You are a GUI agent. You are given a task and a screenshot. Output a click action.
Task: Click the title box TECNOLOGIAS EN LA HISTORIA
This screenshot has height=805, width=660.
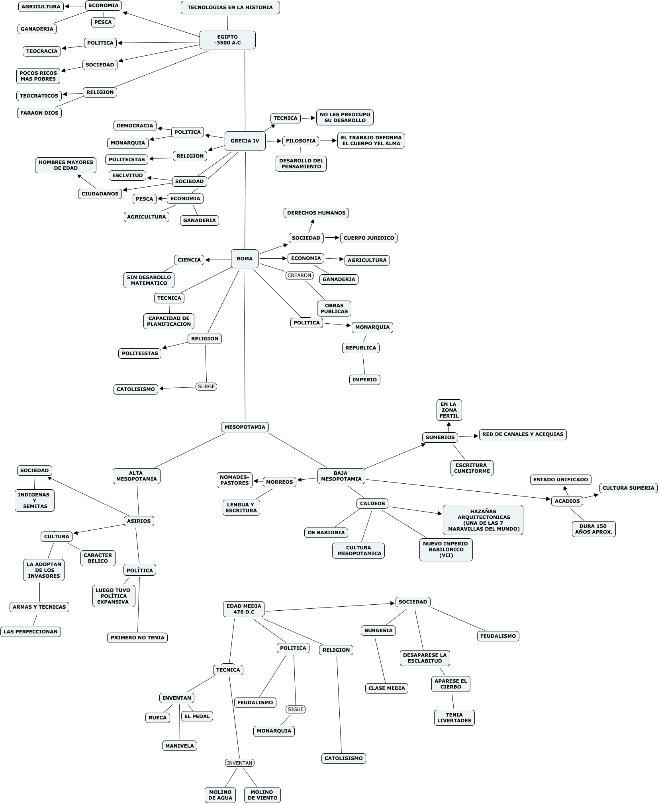pyautogui.click(x=230, y=8)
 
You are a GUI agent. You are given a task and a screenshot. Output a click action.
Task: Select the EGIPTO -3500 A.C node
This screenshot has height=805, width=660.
pyautogui.click(x=227, y=40)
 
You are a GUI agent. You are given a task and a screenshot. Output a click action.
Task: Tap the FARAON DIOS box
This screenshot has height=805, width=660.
pyautogui.click(x=39, y=113)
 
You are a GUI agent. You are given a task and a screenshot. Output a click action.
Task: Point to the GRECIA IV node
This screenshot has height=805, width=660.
pyautogui.click(x=245, y=141)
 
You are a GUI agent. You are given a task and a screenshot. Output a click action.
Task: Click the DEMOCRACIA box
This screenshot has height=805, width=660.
pyautogui.click(x=135, y=126)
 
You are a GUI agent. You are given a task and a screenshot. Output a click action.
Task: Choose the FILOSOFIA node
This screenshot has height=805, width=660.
pyautogui.click(x=301, y=141)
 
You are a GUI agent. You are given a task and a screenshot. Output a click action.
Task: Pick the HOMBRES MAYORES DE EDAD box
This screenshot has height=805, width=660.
pyautogui.click(x=66, y=165)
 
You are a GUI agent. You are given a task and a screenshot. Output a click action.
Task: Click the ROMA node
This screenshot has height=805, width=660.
pyautogui.click(x=245, y=259)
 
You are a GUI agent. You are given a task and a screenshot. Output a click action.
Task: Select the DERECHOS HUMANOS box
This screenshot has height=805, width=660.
pyautogui.click(x=316, y=213)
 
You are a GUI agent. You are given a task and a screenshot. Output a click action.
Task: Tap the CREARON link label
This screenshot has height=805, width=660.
pyautogui.click(x=299, y=275)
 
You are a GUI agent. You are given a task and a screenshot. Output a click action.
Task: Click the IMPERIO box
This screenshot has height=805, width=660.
pyautogui.click(x=364, y=380)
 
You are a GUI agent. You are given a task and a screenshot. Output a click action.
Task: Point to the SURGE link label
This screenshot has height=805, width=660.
pyautogui.click(x=206, y=387)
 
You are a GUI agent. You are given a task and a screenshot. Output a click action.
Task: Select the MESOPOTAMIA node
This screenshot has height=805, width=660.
pyautogui.click(x=245, y=427)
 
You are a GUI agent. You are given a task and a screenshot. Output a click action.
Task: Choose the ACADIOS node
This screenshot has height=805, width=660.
pyautogui.click(x=567, y=501)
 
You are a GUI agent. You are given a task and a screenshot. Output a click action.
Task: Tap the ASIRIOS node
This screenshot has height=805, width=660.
pyautogui.click(x=139, y=521)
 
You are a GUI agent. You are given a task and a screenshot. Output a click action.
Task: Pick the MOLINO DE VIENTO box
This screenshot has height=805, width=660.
pyautogui.click(x=262, y=795)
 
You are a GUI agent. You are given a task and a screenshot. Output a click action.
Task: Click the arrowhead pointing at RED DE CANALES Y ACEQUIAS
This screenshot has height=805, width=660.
pyautogui.click(x=476, y=436)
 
